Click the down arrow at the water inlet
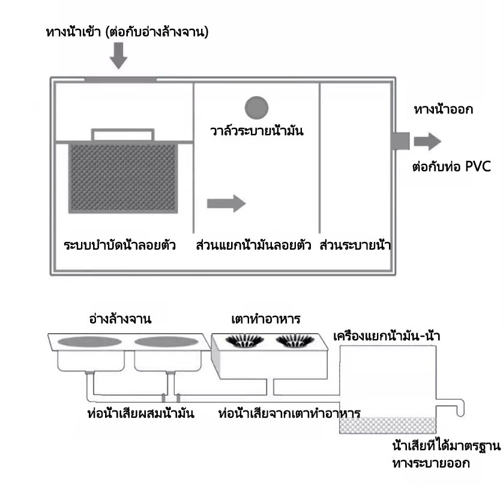click(118, 55)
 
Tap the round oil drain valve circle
click(256, 108)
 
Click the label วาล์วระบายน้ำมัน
click(257, 131)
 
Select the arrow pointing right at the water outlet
click(427, 141)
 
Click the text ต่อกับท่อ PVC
click(451, 166)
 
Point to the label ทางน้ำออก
click(444, 109)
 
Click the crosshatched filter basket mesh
click(123, 178)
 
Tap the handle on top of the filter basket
click(122, 134)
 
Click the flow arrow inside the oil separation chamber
click(226, 203)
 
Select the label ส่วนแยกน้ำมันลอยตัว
click(253, 245)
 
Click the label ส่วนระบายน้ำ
click(355, 245)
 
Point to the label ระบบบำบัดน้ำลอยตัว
click(119, 245)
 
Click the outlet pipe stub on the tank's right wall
click(400, 141)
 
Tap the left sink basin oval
click(89, 342)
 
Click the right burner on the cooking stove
click(295, 341)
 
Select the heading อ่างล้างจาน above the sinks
click(120, 319)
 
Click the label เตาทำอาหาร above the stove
click(266, 319)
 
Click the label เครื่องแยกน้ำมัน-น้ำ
click(387, 336)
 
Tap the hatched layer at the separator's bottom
click(388, 426)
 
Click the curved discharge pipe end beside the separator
click(460, 408)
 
